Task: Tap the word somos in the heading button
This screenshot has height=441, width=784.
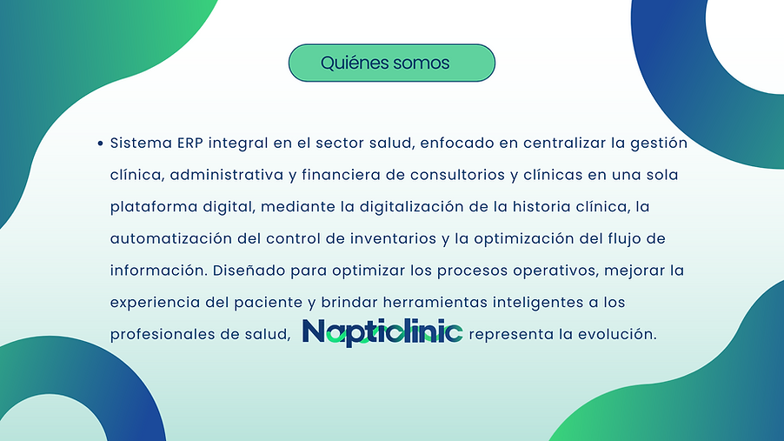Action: tap(421, 63)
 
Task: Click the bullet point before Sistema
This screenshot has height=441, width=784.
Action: tap(102, 143)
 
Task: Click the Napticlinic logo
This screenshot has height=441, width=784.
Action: tap(382, 332)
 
